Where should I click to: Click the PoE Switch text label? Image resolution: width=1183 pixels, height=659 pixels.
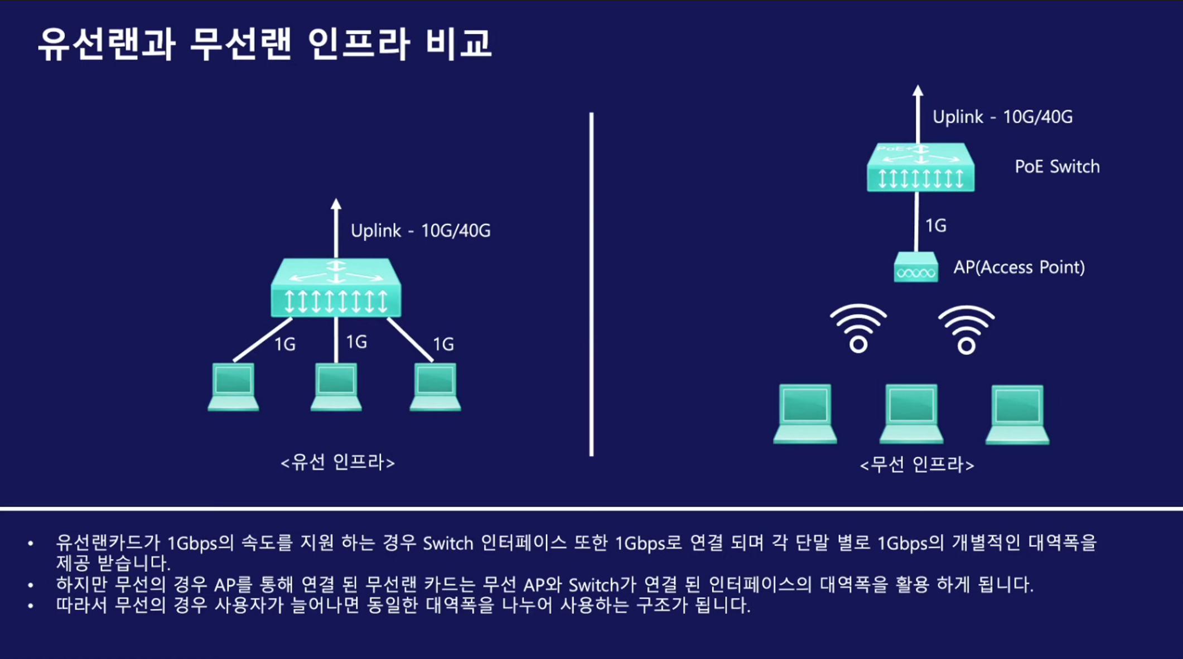pos(1057,167)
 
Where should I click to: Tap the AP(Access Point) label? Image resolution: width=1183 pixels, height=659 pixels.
pos(1019,267)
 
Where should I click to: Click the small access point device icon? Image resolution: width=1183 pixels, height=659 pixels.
pos(916,268)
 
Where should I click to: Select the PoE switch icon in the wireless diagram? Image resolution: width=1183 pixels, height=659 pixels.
pos(920,168)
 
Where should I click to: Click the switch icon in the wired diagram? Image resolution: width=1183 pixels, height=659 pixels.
pos(336,288)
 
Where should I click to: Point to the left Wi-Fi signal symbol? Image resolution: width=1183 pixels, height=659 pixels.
pos(858,329)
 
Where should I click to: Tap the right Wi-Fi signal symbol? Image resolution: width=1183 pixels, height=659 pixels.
pos(966,329)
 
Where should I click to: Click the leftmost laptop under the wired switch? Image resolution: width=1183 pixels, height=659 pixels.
pos(233,387)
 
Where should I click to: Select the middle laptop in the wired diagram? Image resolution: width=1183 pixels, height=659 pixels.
pos(336,387)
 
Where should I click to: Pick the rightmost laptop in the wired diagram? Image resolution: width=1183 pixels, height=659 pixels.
pos(436,387)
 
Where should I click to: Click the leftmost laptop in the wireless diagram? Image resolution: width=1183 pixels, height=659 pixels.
pos(805,414)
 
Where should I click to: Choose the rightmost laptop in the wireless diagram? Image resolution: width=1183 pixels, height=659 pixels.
pos(1017,414)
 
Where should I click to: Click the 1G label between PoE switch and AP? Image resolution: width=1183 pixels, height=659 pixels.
pos(936,226)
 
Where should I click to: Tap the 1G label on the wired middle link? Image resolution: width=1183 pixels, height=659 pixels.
pos(356,342)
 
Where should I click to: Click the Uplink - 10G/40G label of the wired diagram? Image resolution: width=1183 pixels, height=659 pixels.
pos(421,231)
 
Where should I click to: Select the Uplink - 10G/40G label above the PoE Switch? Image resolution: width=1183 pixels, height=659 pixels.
pos(1002,117)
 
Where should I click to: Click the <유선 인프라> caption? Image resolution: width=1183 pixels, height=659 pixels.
pos(337,462)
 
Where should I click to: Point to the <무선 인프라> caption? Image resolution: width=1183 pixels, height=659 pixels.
pos(917,464)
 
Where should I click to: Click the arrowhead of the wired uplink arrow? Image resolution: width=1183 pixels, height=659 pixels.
pos(336,204)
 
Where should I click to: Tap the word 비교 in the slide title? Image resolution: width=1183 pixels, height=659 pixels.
pos(458,43)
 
